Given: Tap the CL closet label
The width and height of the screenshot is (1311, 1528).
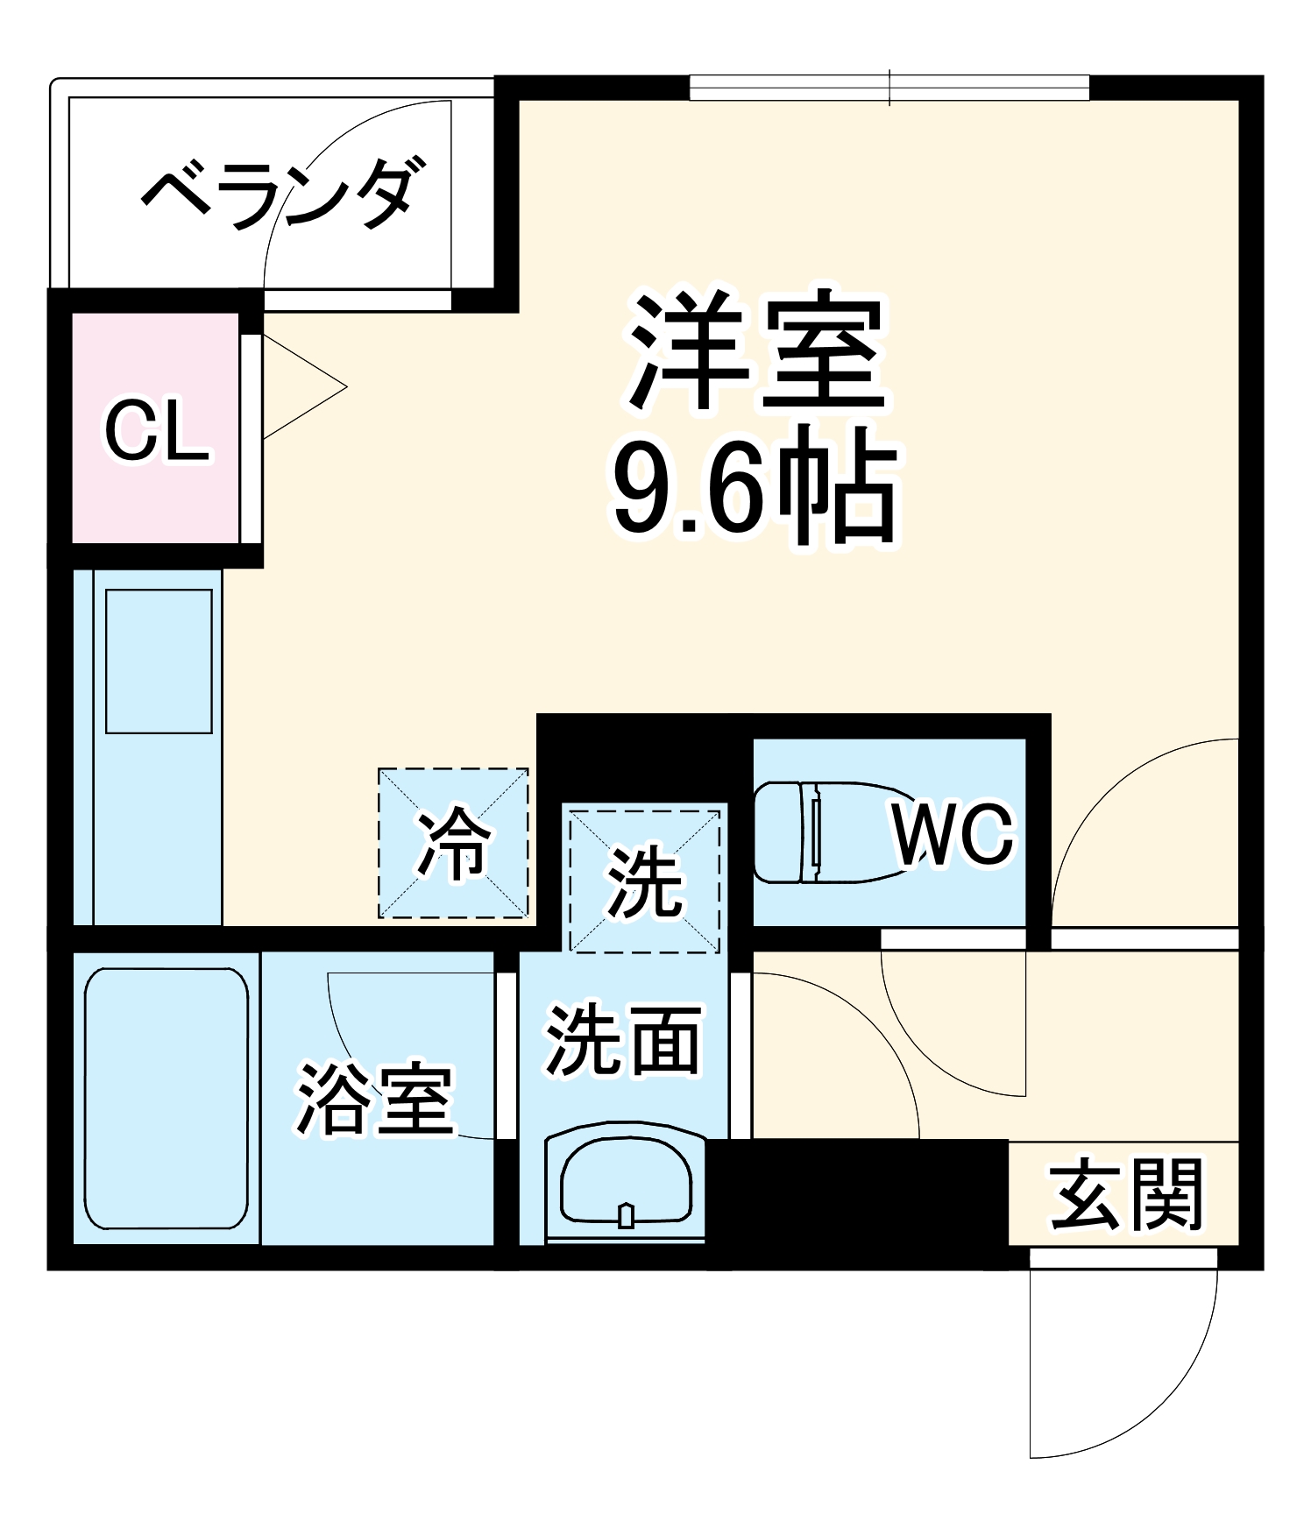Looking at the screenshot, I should pos(158,431).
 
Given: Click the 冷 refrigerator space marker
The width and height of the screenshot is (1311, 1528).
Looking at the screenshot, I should pos(453,844).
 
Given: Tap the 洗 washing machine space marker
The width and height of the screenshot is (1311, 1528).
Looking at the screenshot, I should pos(645,881).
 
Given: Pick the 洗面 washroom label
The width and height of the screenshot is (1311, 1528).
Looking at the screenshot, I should pos(623,1040).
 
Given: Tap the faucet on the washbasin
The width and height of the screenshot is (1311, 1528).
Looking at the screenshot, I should pos(626,1215).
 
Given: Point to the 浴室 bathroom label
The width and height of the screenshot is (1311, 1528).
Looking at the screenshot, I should pos(375,1100).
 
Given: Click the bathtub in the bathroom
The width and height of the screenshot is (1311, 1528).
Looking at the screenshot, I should pos(167,1099).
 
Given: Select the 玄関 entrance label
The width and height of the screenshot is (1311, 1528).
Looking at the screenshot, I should pos(1126,1194).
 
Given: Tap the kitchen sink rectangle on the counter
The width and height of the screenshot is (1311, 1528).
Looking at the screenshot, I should pos(159,661).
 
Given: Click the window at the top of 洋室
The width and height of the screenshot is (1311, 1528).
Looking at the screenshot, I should pos(889,88).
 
